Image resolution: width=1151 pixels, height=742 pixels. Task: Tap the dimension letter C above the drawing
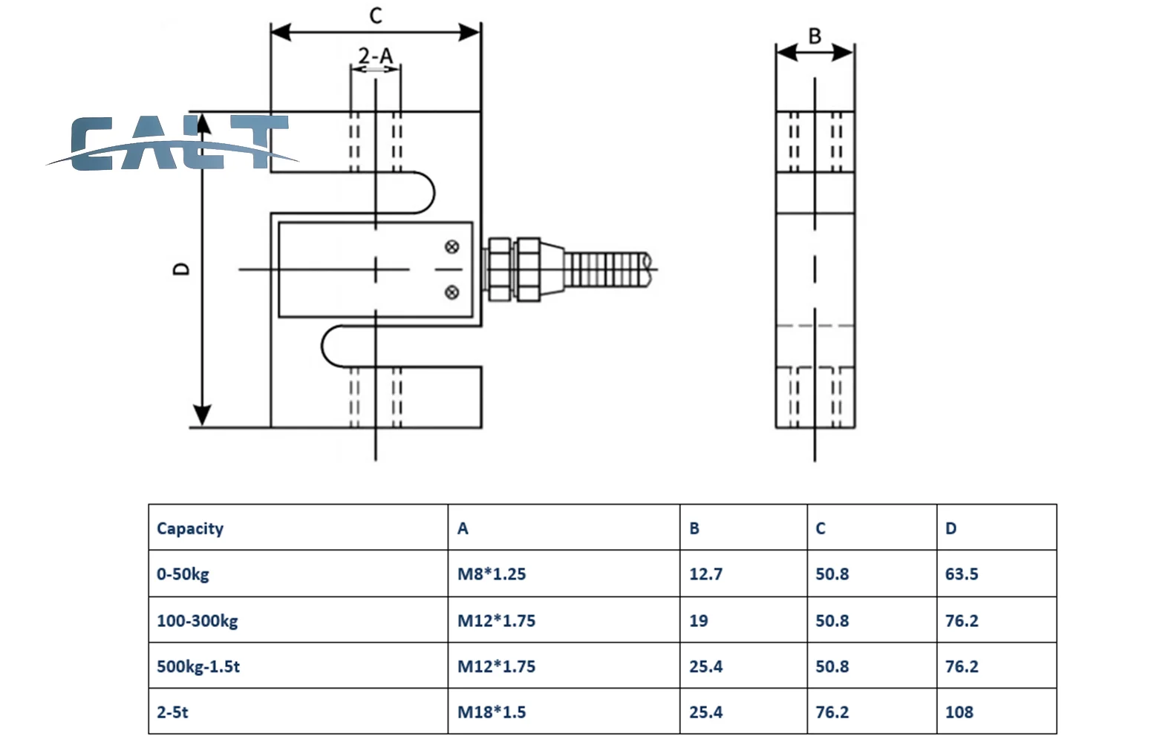coord(376,16)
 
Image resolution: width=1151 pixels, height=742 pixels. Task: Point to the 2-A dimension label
coord(376,56)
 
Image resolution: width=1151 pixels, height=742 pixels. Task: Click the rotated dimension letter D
coord(181,269)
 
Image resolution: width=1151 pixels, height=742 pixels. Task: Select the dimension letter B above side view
coord(815,36)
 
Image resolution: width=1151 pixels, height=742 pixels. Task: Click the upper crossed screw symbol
coord(451,247)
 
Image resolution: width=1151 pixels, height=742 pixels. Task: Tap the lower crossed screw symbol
coord(451,292)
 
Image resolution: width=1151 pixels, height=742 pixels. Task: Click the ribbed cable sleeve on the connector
coord(608,269)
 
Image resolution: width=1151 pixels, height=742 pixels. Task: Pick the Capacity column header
coord(190,528)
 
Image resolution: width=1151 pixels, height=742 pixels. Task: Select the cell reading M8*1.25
coord(492,574)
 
